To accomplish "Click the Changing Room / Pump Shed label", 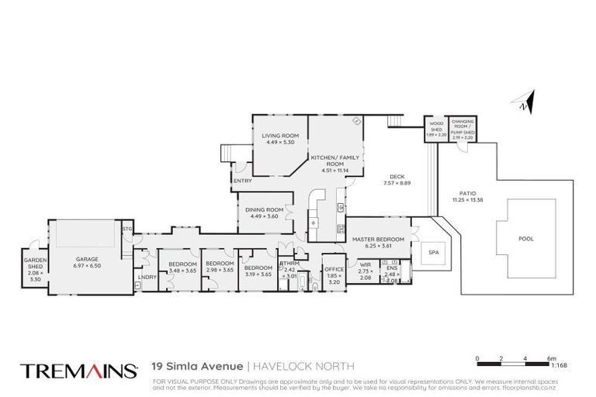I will click(x=463, y=128).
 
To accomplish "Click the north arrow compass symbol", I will click(x=525, y=100).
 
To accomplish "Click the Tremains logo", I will click(x=78, y=370).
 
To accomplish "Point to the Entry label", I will click(x=241, y=181).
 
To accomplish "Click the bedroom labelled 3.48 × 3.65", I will click(x=179, y=268).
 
